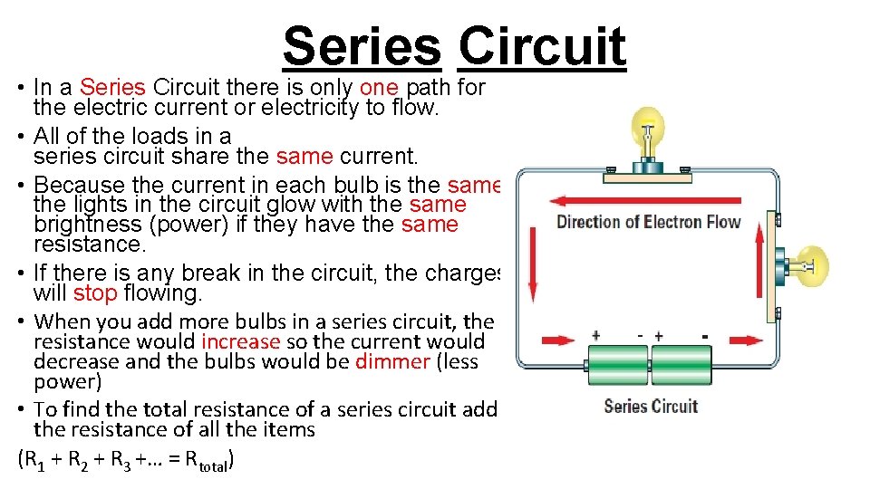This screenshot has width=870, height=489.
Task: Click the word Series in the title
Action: (x=362, y=47)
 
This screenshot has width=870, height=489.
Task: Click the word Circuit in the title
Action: (x=542, y=47)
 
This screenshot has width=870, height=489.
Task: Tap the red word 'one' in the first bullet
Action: (x=379, y=88)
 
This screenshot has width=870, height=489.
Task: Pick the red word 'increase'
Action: (x=240, y=341)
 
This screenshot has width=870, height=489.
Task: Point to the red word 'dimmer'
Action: (x=392, y=361)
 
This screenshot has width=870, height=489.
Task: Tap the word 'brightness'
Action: (x=84, y=225)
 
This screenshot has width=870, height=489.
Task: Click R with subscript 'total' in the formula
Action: (x=207, y=460)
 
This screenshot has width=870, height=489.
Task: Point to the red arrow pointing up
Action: (x=759, y=271)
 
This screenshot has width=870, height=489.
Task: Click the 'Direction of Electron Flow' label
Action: (x=648, y=223)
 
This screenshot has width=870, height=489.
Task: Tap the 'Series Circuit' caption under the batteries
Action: (x=651, y=406)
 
